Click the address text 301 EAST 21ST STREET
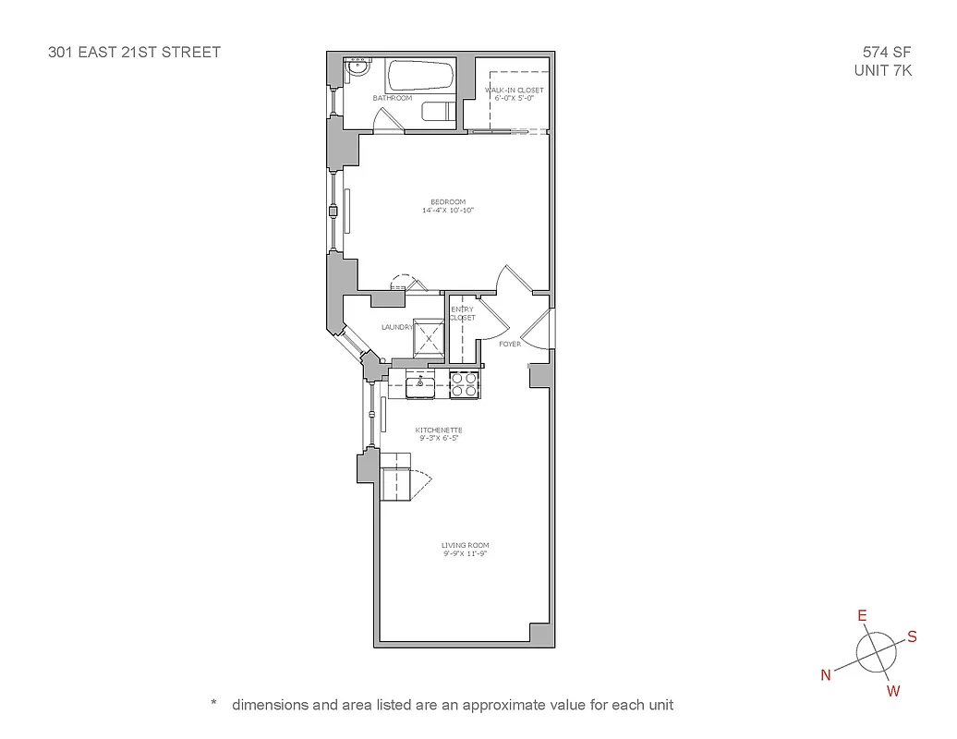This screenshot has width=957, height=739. pyautogui.click(x=134, y=53)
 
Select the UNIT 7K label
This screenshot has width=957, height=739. pyautogui.click(x=883, y=70)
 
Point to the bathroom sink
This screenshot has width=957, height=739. pyautogui.click(x=357, y=67)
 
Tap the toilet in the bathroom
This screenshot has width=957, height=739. pyautogui.click(x=437, y=111)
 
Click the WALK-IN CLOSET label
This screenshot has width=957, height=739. pyautogui.click(x=515, y=90)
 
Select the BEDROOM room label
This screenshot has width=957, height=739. pyautogui.click(x=447, y=202)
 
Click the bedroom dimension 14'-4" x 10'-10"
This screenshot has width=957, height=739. pyautogui.click(x=447, y=211)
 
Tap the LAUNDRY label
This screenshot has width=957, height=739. pyautogui.click(x=396, y=327)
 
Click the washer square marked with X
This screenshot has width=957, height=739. pyautogui.click(x=429, y=338)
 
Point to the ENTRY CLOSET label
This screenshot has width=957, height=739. pyautogui.click(x=462, y=313)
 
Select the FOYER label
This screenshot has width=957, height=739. pyautogui.click(x=509, y=344)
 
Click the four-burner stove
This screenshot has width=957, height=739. pyautogui.click(x=464, y=384)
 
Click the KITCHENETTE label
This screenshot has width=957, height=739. pyautogui.click(x=438, y=430)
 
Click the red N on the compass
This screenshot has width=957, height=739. pyautogui.click(x=826, y=674)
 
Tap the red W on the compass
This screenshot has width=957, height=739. pyautogui.click(x=893, y=691)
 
